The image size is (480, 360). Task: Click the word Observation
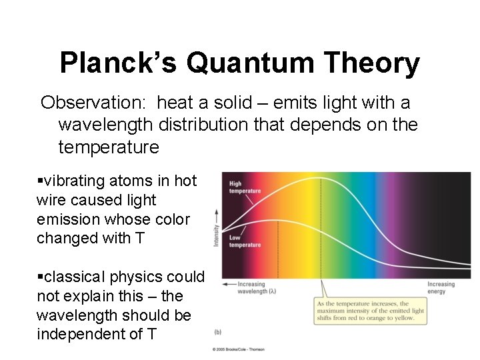point(93,103)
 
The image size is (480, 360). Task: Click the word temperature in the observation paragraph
point(109,147)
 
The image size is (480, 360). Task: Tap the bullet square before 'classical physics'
point(40,277)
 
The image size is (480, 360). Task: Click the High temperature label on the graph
point(245,187)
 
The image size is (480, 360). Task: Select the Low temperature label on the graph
point(245,241)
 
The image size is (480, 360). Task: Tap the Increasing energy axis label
point(441,287)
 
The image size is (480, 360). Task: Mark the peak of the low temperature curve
point(277,220)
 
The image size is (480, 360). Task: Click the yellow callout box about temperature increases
point(371,311)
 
